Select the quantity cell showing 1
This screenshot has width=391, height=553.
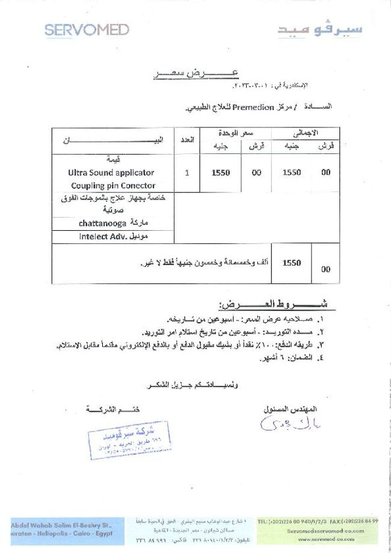pyautogui.click(x=187, y=173)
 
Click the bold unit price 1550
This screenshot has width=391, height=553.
pyautogui.click(x=221, y=173)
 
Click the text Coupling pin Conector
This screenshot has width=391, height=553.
pyautogui.click(x=113, y=186)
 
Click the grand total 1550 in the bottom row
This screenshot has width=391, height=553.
pyautogui.click(x=291, y=263)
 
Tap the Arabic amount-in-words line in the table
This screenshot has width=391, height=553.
pyautogui.click(x=205, y=263)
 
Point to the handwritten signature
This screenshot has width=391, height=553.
pyautogui.click(x=284, y=424)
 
